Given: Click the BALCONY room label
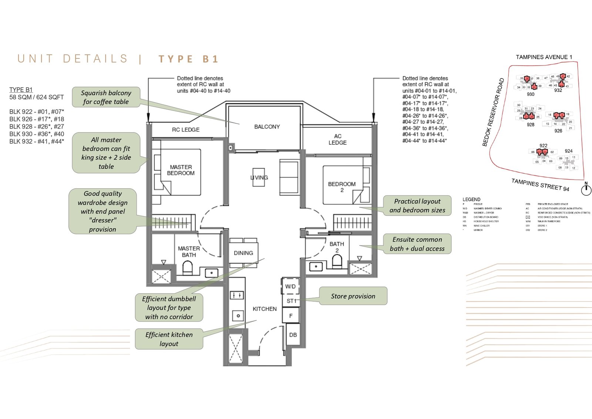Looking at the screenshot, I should (x=267, y=127).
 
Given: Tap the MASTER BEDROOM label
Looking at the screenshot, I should (x=181, y=170).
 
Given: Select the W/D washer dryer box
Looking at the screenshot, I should (x=290, y=286).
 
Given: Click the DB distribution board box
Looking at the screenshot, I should (x=293, y=335).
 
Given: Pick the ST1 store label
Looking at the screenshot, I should (x=291, y=301).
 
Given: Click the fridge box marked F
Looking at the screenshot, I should (x=291, y=316).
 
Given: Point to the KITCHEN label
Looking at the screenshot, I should (x=265, y=309).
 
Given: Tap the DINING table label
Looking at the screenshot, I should (x=243, y=253).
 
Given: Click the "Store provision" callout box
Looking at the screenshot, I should (x=353, y=296).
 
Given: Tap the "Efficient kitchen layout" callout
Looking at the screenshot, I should (x=169, y=339).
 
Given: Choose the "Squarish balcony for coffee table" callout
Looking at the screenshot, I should (x=106, y=97).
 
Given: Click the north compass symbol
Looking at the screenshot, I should (x=586, y=190).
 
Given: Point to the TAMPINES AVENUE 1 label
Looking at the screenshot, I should (x=544, y=57).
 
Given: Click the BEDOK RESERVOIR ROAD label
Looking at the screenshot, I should (x=493, y=112).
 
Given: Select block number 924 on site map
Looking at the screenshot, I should (x=569, y=151).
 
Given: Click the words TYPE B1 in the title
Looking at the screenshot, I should (x=188, y=59).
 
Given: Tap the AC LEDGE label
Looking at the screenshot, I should (x=337, y=139).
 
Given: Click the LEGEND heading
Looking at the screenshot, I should (x=471, y=200).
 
